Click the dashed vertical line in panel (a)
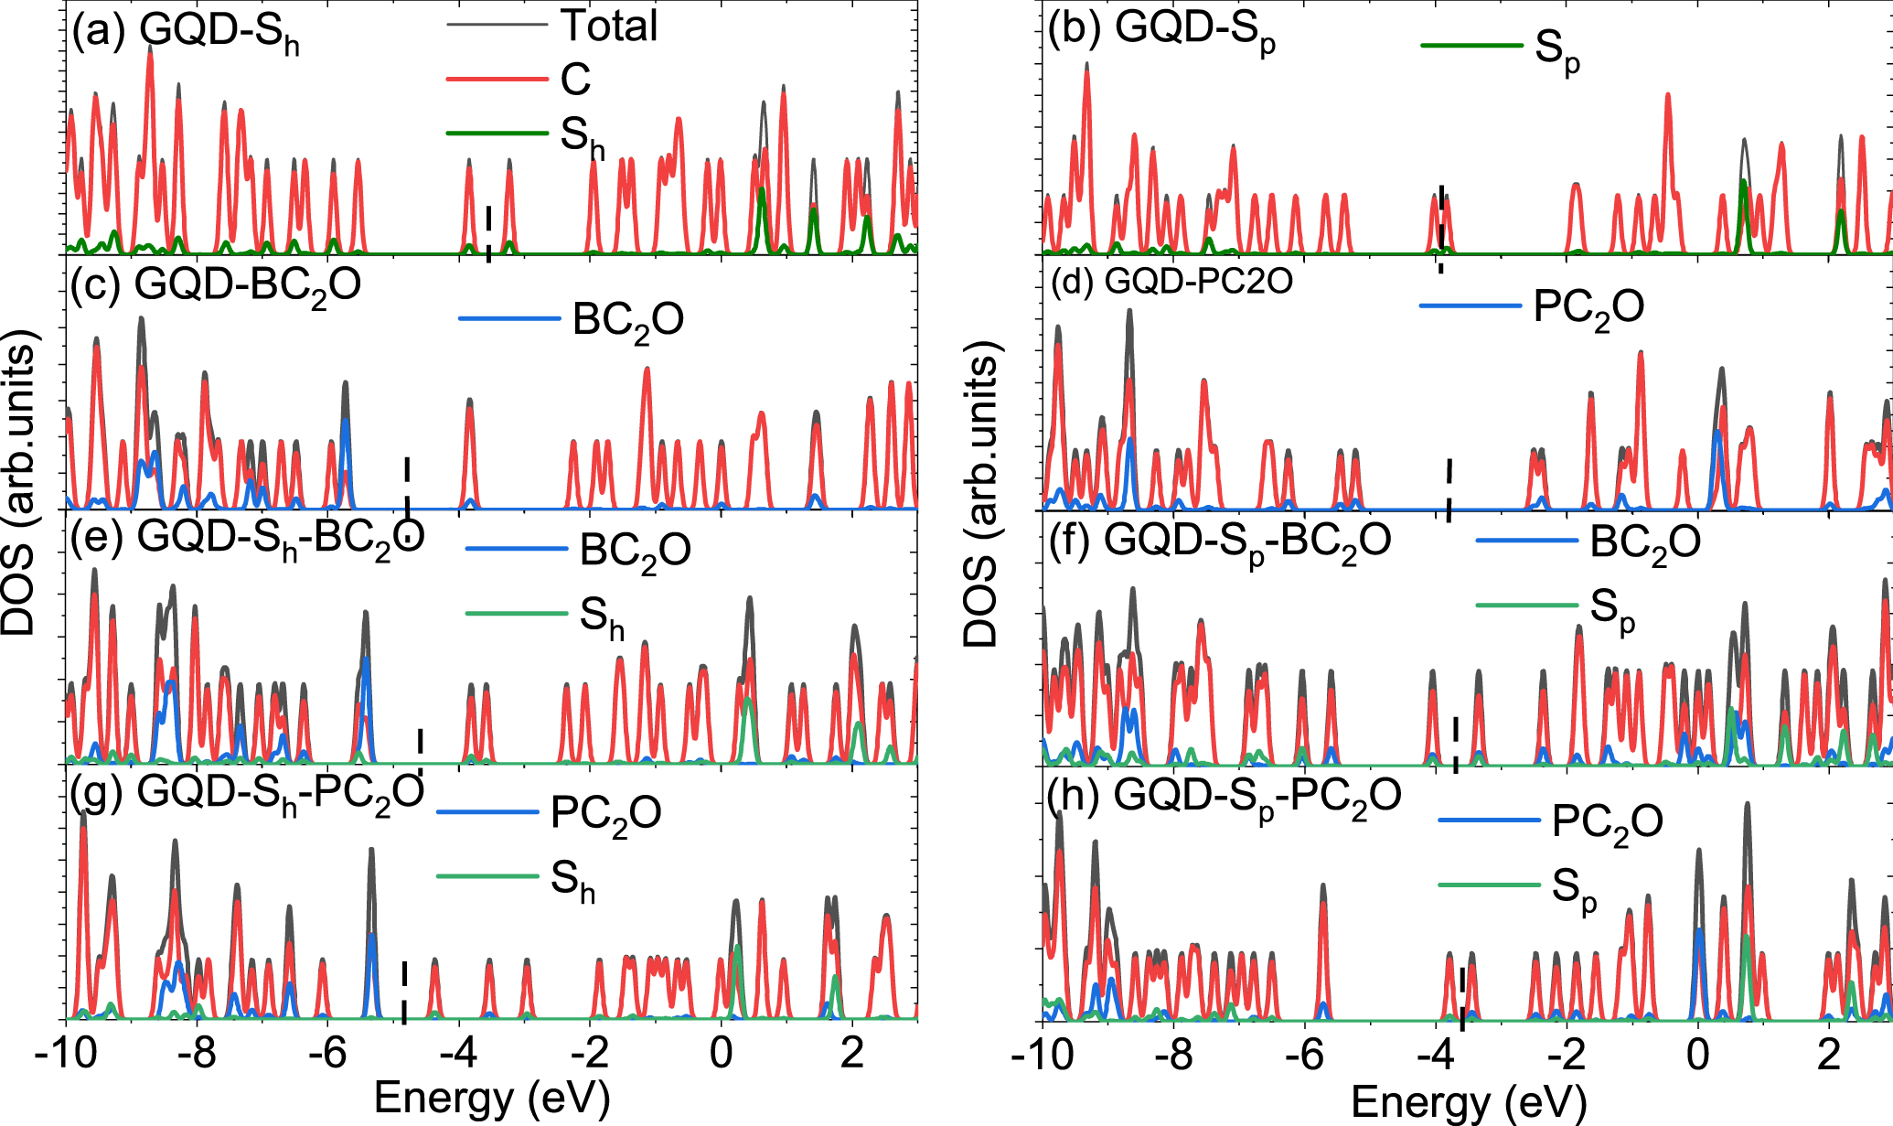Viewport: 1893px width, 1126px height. pos(488,232)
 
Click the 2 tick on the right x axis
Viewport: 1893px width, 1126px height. pos(1828,1051)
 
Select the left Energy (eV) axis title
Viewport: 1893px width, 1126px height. pos(491,1098)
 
